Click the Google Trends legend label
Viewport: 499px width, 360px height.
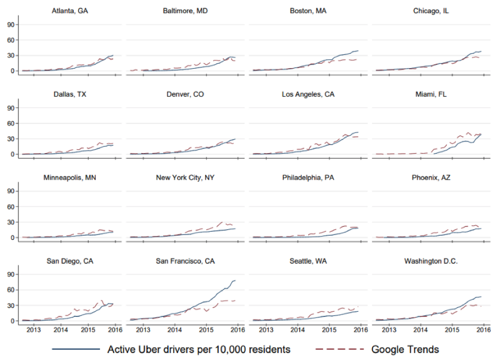pyautogui.click(x=405, y=349)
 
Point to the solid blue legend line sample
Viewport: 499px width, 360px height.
pyautogui.click(x=76, y=349)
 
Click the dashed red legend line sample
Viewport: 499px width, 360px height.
pyautogui.click(x=339, y=349)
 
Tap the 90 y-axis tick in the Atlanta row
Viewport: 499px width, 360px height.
pyautogui.click(x=10, y=24)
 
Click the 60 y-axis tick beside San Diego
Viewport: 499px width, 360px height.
pyautogui.click(x=10, y=290)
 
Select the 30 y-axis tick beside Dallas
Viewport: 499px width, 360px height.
pyautogui.click(x=10, y=139)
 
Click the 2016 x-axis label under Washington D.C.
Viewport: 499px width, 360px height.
pyautogui.click(x=483, y=330)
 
